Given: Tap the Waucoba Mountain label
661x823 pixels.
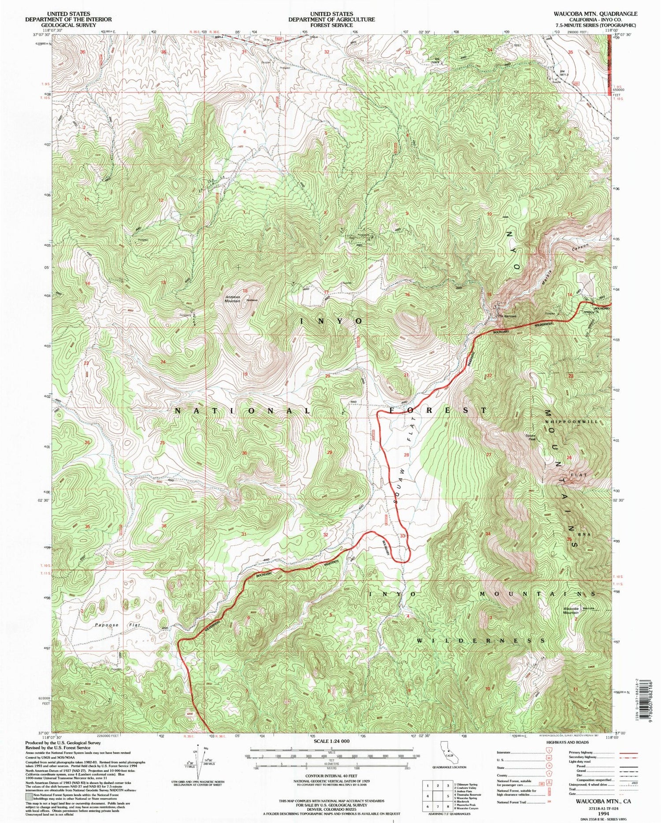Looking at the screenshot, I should (x=570, y=611).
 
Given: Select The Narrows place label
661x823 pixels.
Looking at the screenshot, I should (x=506, y=316).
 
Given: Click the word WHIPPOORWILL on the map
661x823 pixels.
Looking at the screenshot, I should (x=572, y=422).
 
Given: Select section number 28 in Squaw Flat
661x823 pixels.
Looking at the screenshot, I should (x=406, y=455).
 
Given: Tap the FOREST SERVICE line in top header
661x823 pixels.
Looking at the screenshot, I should (x=331, y=25).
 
